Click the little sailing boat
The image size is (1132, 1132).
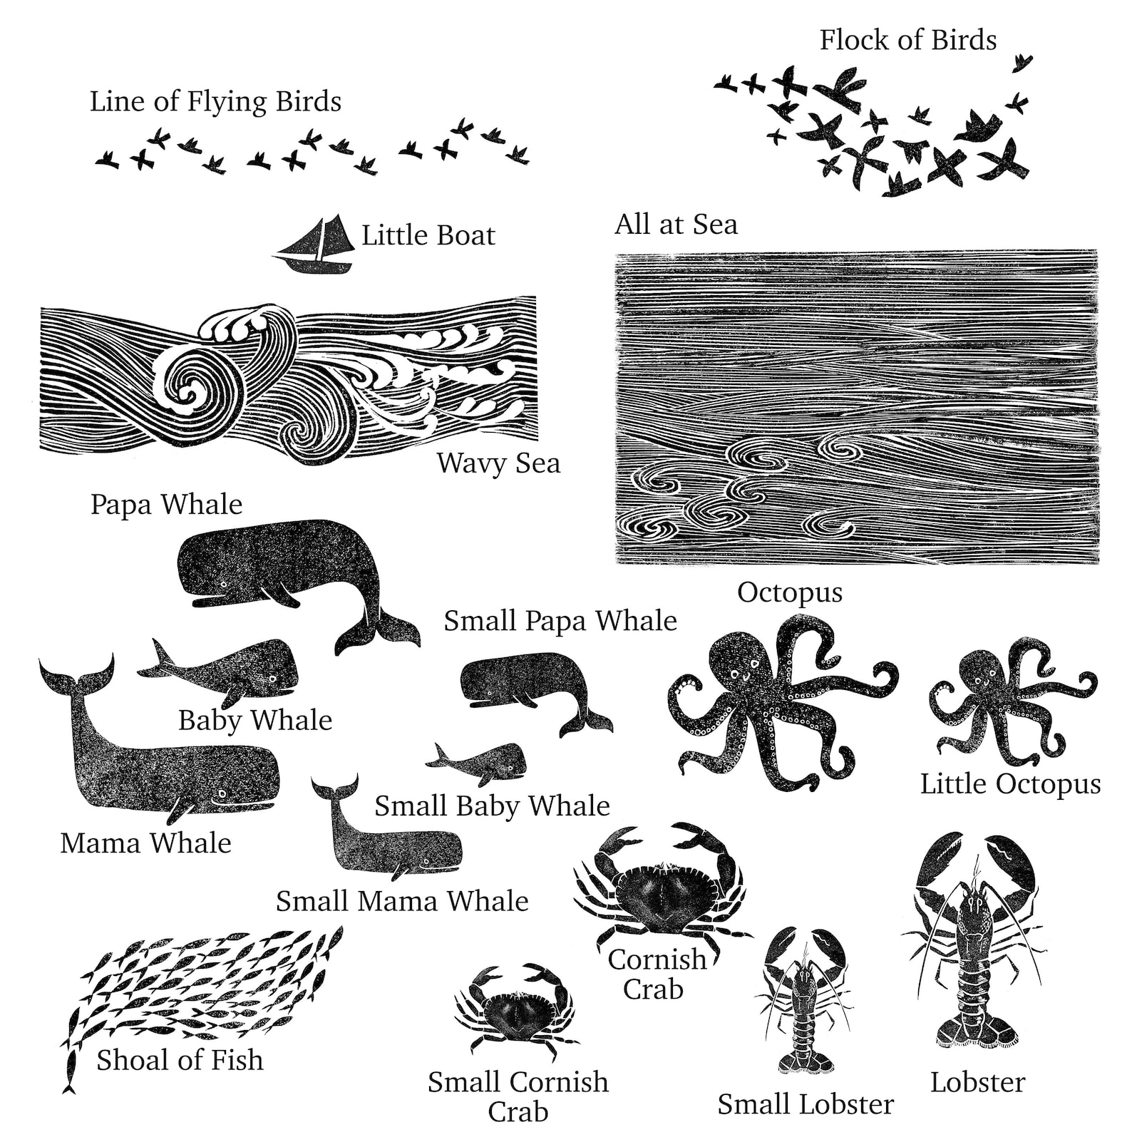click(316, 248)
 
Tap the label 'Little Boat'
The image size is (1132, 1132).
click(428, 235)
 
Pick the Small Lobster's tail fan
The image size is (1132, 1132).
click(806, 1061)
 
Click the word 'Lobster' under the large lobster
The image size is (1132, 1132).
click(977, 1082)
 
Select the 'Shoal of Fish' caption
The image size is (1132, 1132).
click(180, 1060)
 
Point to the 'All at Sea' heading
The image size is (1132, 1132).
click(676, 224)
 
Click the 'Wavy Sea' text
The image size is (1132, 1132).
click(498, 463)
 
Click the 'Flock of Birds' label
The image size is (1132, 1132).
click(907, 40)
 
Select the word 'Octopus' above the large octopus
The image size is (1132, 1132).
click(789, 592)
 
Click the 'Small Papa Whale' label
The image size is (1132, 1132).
click(560, 621)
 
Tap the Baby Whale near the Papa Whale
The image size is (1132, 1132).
click(228, 670)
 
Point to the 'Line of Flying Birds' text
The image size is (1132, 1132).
click(215, 101)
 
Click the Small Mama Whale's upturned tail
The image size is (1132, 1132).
click(334, 789)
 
